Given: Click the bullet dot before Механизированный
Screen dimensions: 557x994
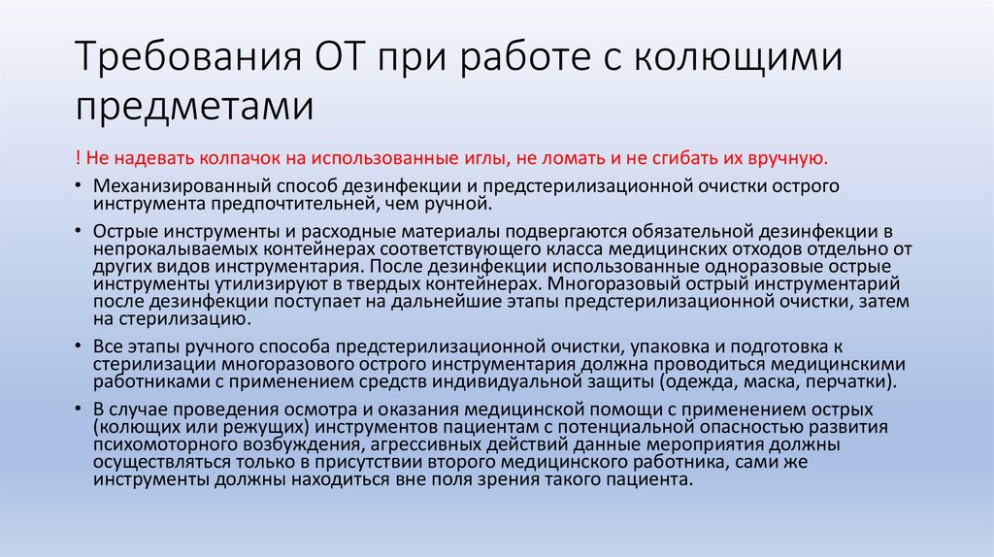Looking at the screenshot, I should [77, 185].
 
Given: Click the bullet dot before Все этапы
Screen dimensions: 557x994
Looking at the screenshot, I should [77, 346].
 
